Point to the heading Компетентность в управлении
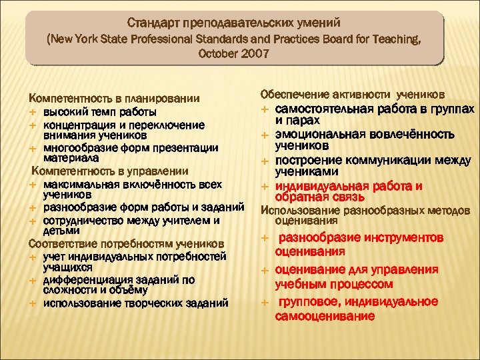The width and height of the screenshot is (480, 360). coord(105,172)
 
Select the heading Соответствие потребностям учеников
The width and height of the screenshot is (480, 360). coord(126,243)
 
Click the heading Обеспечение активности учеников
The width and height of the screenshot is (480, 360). coord(353,94)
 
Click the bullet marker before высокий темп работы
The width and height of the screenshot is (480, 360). coord(33,111)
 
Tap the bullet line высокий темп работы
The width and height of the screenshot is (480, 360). coord(100,111)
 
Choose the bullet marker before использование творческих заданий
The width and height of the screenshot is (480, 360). coord(33,303)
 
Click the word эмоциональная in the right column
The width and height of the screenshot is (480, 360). coord(313,134)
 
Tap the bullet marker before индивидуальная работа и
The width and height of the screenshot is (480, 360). coord(265,186)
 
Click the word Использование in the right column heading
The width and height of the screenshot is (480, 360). coord(293,210)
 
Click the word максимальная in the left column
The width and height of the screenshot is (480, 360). coord(77,184)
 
